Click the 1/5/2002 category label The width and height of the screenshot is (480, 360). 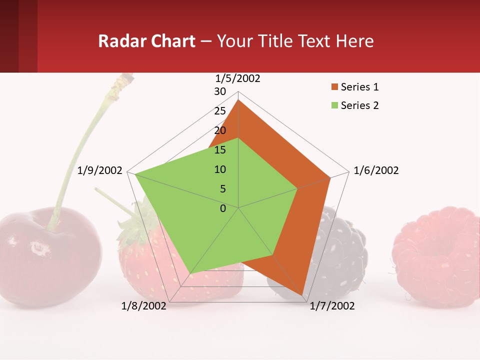238,78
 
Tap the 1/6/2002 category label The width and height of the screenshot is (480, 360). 376,170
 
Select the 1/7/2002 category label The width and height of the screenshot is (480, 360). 332,306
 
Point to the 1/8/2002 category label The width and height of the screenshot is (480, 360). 144,306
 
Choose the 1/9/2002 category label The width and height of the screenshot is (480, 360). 100,170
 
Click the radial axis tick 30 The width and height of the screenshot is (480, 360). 220,91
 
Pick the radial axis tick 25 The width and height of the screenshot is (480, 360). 220,111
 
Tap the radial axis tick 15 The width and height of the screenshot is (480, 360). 220,150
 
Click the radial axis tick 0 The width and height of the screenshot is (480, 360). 223,208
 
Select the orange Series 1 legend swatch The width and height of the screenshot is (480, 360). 334,87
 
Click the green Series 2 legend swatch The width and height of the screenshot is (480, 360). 334,105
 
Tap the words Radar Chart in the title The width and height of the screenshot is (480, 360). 146,41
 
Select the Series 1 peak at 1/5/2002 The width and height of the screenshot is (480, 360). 238,100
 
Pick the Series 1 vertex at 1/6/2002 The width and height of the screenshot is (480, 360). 330,177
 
